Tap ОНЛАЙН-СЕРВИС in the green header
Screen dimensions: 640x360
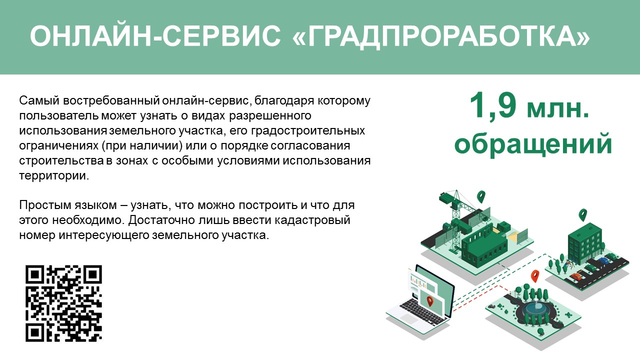click(155, 36)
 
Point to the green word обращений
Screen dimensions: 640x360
click(533, 144)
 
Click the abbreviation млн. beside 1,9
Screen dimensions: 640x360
click(558, 109)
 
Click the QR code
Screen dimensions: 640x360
click(63, 303)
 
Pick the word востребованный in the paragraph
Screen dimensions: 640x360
click(111, 101)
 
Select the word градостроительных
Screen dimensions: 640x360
click(308, 131)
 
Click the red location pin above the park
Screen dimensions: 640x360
click(535, 276)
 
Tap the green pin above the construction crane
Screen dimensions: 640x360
click(481, 197)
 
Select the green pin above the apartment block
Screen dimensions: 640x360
click(582, 215)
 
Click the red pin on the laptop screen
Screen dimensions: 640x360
click(429, 301)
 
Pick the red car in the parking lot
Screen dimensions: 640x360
click(575, 276)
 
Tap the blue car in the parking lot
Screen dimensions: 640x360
click(603, 260)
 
